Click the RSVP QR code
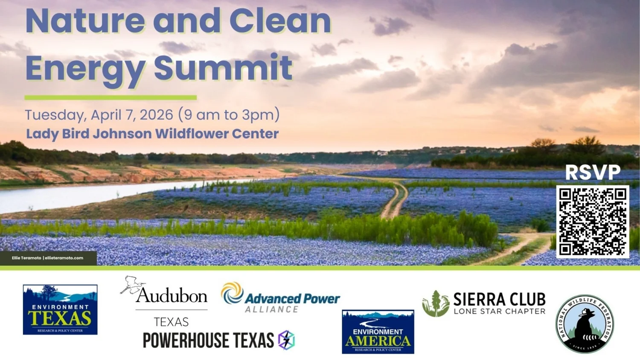[x=593, y=221]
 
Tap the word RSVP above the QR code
[x=593, y=172]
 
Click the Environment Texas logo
[x=60, y=310]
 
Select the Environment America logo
[x=378, y=331]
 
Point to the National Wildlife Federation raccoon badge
[x=585, y=324]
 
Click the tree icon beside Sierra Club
[x=436, y=304]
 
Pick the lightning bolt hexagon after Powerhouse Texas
[x=286, y=340]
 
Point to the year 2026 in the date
[x=156, y=115]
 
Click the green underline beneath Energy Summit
[x=111, y=98]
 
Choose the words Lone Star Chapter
[x=499, y=311]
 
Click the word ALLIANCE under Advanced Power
[x=271, y=309]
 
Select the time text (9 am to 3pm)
[x=229, y=115]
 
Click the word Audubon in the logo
[x=172, y=296]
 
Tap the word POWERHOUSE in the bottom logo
[x=186, y=340]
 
